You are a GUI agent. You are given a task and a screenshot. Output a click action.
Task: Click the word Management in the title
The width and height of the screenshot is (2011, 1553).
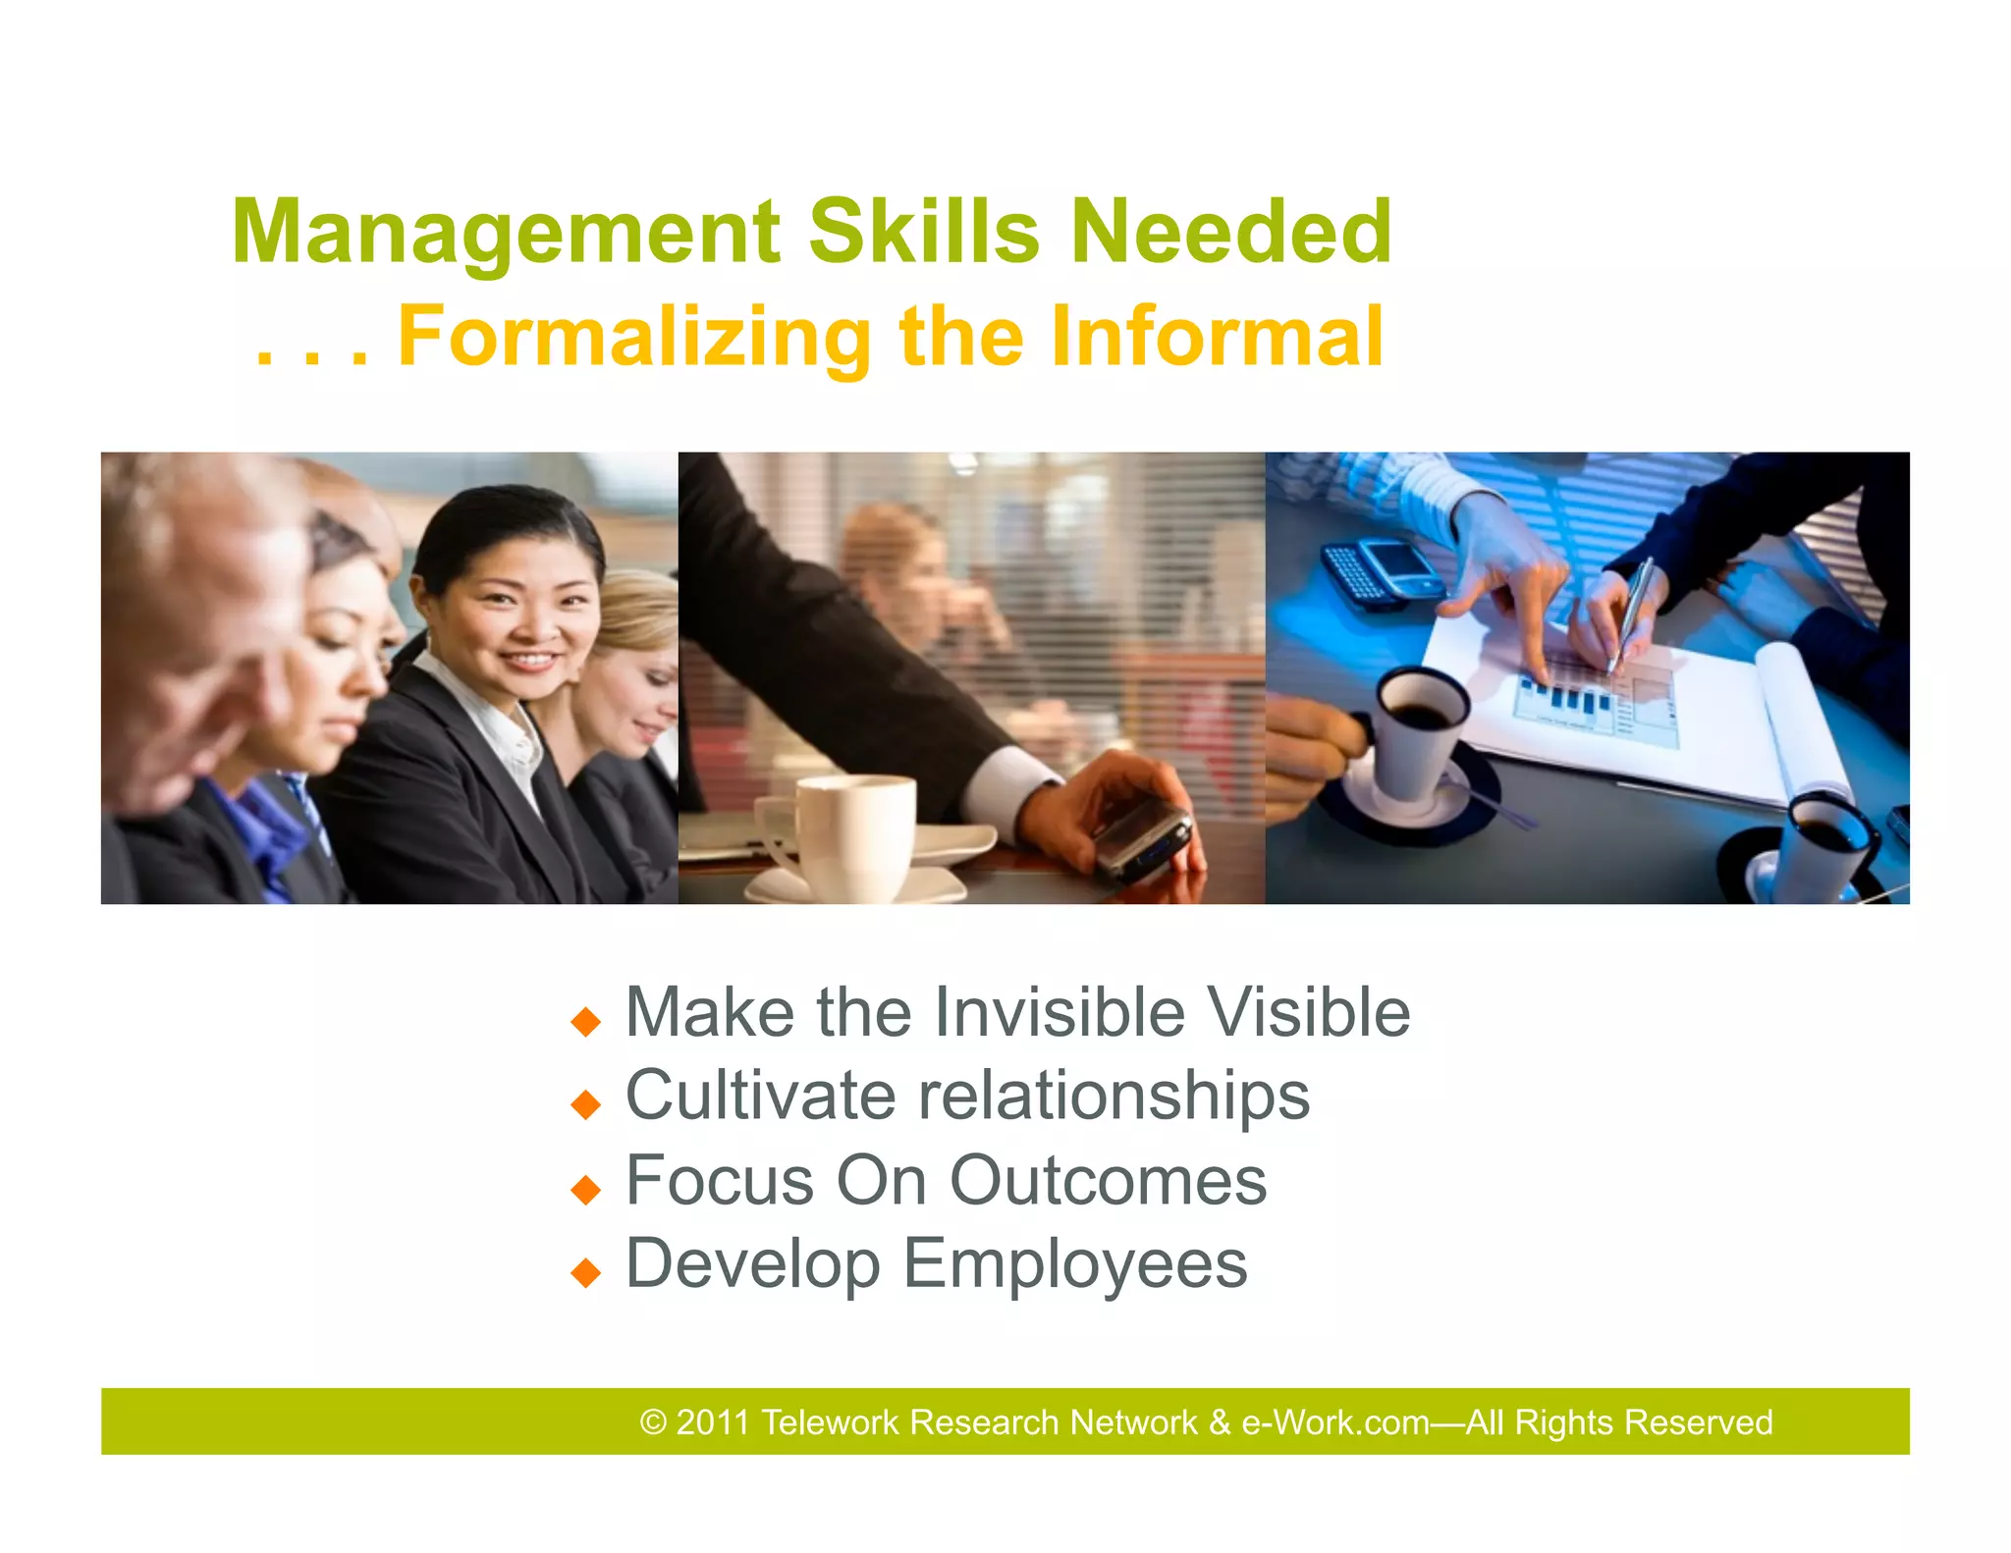coord(506,233)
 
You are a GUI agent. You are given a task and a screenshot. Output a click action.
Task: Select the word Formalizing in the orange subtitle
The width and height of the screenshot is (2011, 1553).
coord(634,337)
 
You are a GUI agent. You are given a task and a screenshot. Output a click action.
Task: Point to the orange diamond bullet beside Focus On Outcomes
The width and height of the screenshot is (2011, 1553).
coord(585,1190)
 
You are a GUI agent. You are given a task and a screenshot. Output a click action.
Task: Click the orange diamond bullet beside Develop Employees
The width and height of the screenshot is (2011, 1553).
coord(585,1273)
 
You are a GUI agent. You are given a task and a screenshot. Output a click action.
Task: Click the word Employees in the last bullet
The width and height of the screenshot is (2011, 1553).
coord(1074,1264)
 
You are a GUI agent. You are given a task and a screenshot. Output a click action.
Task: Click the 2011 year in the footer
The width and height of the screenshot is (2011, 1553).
coord(713,1422)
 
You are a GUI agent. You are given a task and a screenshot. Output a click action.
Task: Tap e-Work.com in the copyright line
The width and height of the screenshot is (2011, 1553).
coord(1335,1422)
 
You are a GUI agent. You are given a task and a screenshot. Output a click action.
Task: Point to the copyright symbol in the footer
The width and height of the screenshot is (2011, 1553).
coord(653,1422)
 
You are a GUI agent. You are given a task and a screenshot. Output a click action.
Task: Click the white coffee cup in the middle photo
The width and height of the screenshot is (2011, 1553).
coord(850,834)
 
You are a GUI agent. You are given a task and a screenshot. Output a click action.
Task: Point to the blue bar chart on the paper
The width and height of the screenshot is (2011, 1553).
coord(1561,697)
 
